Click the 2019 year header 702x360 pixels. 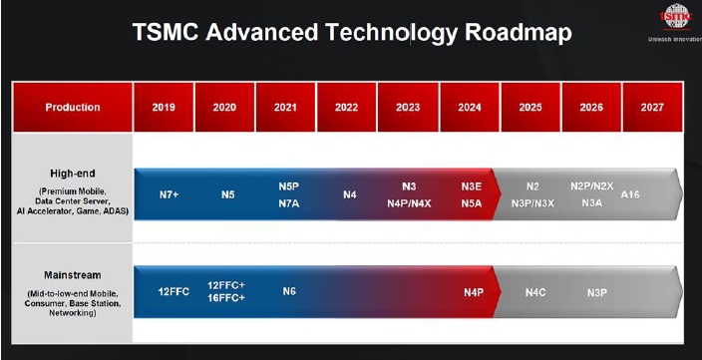coord(164,107)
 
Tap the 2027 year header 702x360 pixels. coord(652,107)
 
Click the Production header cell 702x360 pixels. coord(73,107)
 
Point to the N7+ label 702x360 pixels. coord(170,194)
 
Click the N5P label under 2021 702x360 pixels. coord(289,186)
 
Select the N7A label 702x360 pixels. coord(289,203)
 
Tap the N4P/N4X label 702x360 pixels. coord(409,203)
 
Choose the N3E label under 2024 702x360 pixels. coord(472,186)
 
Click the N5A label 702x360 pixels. coord(472,203)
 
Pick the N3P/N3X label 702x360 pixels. coord(532,203)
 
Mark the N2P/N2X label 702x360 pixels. coord(592,186)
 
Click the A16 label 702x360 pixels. coord(630,194)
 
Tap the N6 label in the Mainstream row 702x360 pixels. coord(289,291)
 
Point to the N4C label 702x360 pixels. coord(535,291)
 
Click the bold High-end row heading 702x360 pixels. coord(73,171)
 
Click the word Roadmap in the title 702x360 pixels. coord(516,33)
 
